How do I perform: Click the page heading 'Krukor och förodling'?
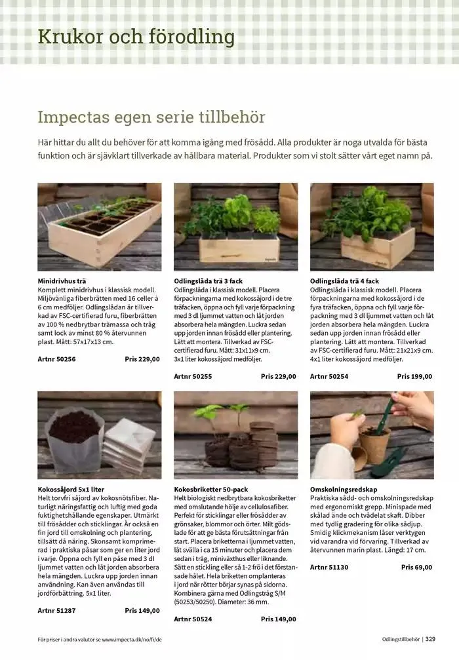pos(136,37)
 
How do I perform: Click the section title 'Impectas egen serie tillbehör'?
pos(151,117)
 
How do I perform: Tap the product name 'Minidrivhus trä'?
pos(62,281)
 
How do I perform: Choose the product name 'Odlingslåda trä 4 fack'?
pos(344,281)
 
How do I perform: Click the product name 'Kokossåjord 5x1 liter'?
pos(71,489)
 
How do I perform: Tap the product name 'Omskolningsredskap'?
pos(342,489)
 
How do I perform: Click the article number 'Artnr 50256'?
pos(56,359)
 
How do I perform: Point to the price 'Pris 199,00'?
pos(414,376)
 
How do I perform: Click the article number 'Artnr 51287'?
pos(56,610)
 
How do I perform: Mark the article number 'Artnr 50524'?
pos(193,619)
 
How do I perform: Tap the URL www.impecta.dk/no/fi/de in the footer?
pos(131,639)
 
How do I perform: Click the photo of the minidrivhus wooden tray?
pos(98,226)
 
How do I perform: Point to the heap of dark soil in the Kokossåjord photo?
pos(75,426)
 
